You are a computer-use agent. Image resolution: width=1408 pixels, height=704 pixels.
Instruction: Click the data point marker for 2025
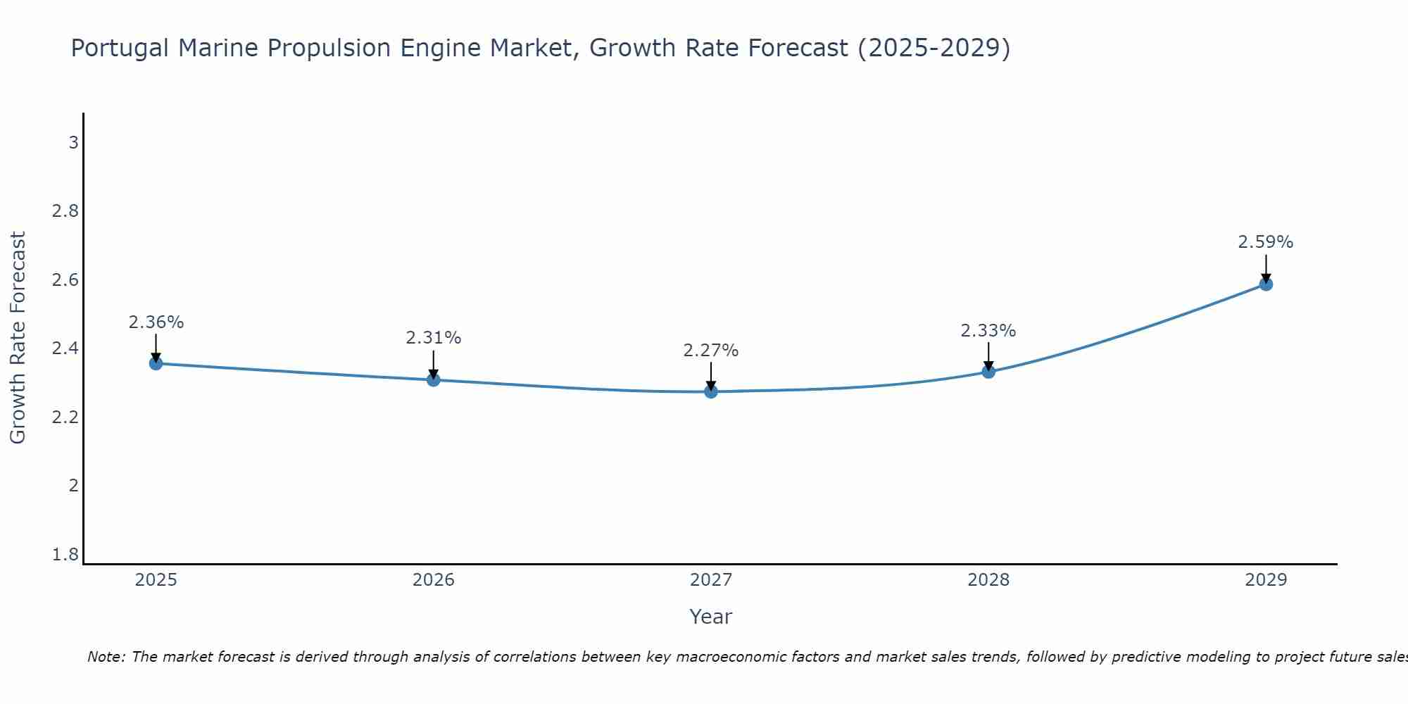(x=156, y=363)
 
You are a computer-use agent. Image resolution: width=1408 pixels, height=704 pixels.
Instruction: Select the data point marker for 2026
(x=434, y=379)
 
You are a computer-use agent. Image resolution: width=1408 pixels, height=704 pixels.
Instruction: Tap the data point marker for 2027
(x=711, y=391)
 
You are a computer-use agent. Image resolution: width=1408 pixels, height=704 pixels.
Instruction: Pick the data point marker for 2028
(x=988, y=371)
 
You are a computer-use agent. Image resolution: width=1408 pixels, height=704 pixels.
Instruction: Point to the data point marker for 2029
(x=1266, y=284)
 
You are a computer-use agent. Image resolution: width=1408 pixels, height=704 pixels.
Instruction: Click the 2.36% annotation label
(x=156, y=322)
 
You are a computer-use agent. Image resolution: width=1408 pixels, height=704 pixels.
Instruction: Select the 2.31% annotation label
(x=434, y=338)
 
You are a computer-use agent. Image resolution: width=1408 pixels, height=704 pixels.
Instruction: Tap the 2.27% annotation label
(x=711, y=351)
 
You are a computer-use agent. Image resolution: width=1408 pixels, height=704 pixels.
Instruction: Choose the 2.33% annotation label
(x=988, y=331)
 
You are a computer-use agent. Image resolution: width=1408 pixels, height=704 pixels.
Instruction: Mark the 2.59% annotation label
(x=1266, y=242)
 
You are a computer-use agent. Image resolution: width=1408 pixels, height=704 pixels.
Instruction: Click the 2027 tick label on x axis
(x=711, y=580)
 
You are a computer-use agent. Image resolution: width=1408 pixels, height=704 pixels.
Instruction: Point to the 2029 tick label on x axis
(x=1266, y=580)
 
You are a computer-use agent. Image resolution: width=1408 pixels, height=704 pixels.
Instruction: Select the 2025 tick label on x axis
(x=156, y=580)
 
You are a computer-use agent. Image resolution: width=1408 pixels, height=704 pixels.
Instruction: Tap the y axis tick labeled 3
(x=73, y=143)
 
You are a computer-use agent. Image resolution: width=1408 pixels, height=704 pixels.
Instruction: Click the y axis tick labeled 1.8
(x=65, y=555)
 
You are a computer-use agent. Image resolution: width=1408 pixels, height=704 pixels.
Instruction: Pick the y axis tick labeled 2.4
(x=65, y=348)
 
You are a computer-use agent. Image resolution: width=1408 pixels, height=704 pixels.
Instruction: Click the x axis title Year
(x=711, y=617)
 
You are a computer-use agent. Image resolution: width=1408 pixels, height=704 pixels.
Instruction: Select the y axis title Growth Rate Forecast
(x=18, y=338)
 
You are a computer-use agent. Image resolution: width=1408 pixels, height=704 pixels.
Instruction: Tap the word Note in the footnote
(x=106, y=657)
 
